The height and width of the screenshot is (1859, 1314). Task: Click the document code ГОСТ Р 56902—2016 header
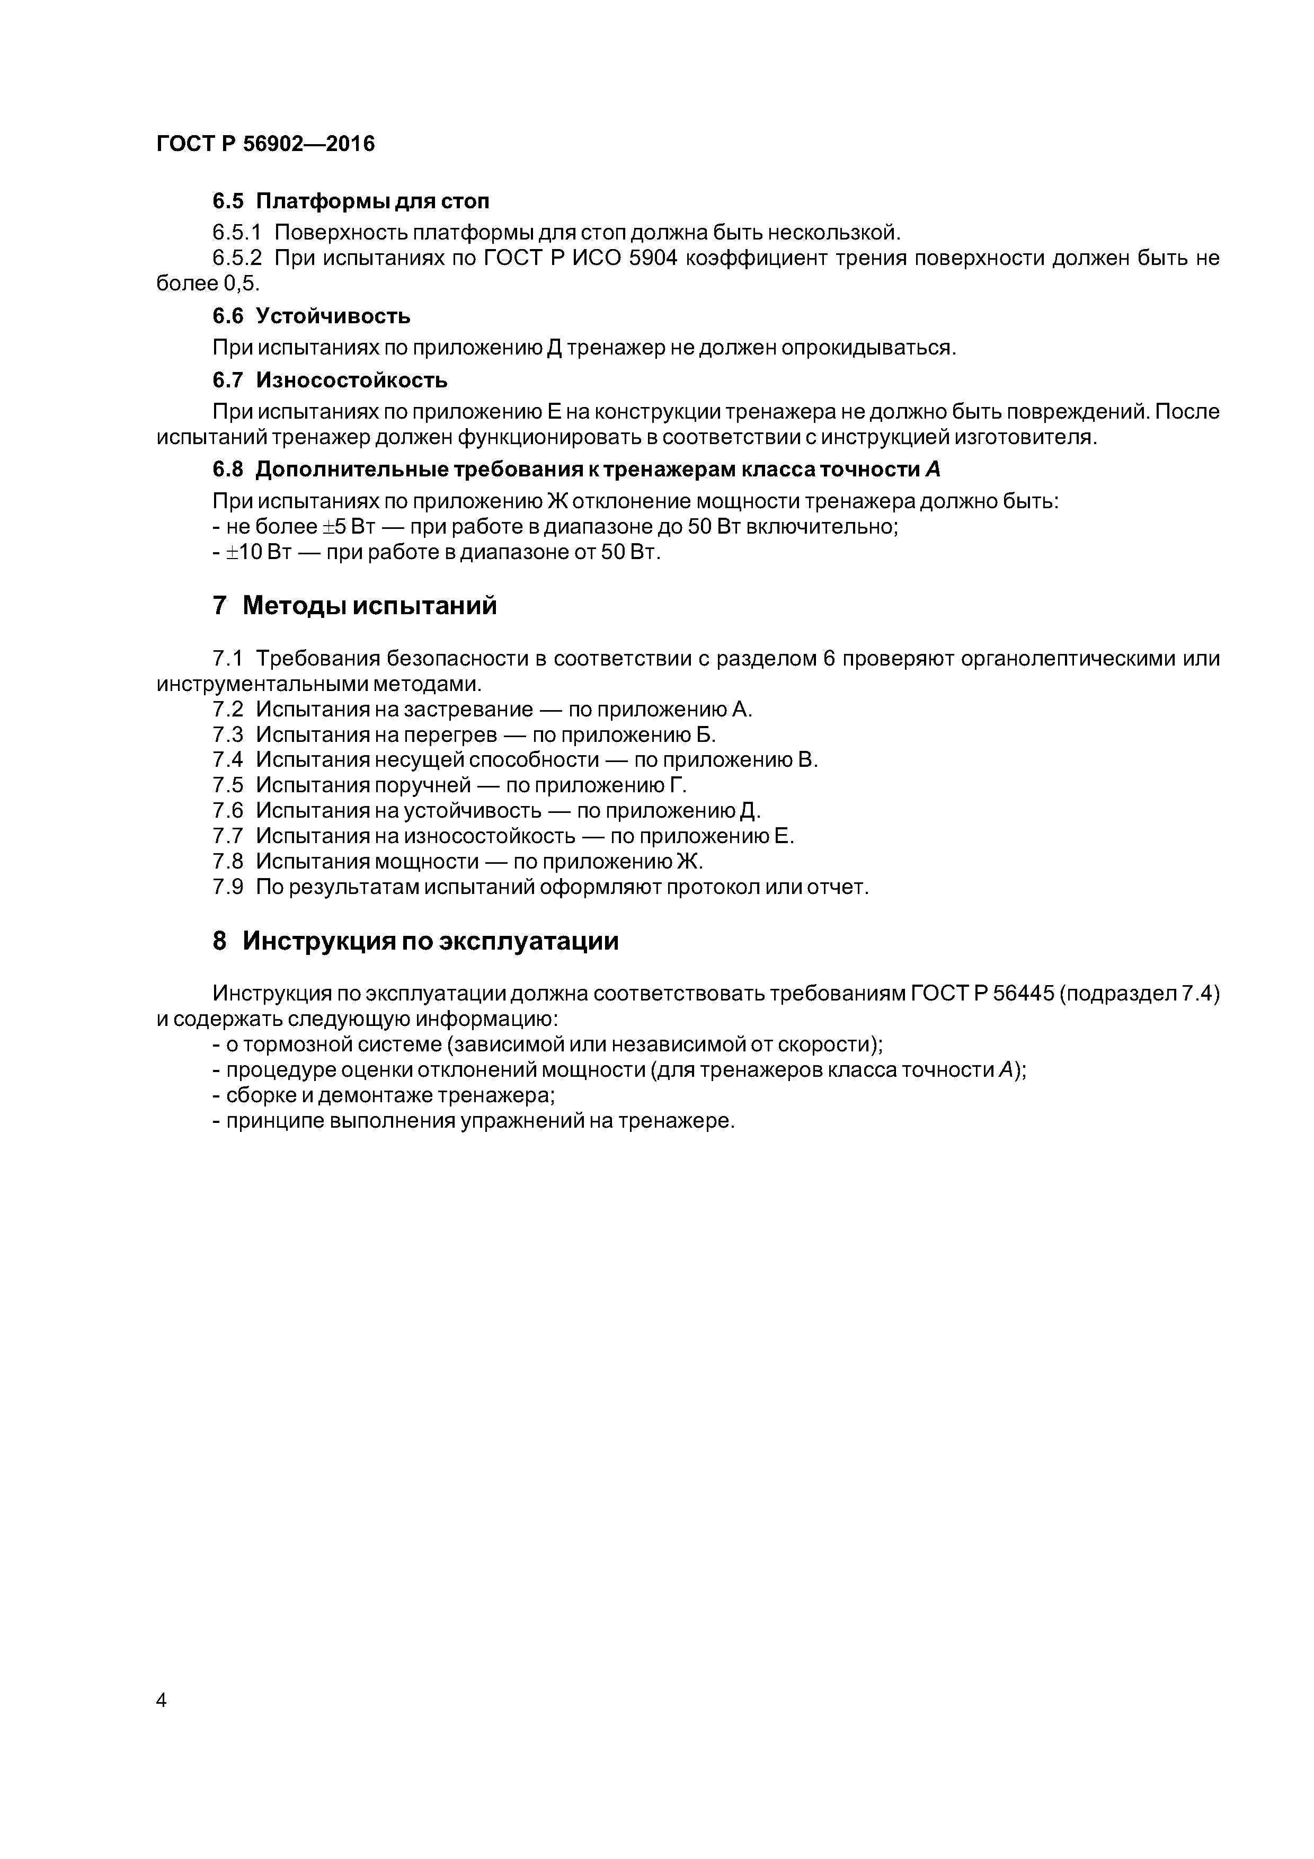click(265, 144)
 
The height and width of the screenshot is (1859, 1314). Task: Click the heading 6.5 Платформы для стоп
click(351, 201)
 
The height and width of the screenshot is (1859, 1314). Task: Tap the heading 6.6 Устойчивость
click(311, 316)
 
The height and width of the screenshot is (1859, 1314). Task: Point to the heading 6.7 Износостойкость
click(330, 380)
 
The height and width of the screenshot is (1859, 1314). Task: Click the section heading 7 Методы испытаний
click(354, 606)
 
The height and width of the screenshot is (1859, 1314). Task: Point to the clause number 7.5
click(227, 785)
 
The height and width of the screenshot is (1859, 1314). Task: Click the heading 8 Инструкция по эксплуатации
click(415, 941)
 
